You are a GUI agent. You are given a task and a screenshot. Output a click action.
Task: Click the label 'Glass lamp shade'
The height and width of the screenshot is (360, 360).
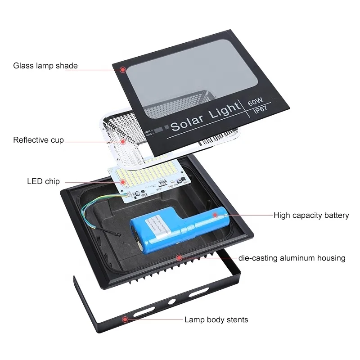[x=45, y=66]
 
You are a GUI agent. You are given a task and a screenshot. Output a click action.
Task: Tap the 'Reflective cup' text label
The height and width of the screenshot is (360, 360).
[x=38, y=140]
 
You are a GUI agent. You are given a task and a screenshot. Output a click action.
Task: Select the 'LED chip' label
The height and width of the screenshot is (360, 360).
[x=43, y=182]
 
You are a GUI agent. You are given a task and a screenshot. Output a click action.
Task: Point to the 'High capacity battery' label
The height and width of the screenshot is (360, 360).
[x=311, y=216]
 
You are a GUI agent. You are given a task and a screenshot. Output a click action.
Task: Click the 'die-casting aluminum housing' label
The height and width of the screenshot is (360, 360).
[x=292, y=258]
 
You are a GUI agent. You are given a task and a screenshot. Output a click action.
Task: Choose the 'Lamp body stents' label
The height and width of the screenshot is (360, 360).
[x=216, y=320]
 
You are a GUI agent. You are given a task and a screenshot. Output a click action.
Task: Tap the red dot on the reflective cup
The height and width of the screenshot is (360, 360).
[x=122, y=141]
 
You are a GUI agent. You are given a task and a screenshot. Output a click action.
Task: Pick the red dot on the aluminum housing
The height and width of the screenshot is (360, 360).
[x=179, y=258]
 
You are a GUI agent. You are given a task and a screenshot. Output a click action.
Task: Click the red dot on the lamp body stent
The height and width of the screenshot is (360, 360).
[x=126, y=319]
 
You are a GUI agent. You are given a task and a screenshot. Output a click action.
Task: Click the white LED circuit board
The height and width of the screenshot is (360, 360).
[x=148, y=180]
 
